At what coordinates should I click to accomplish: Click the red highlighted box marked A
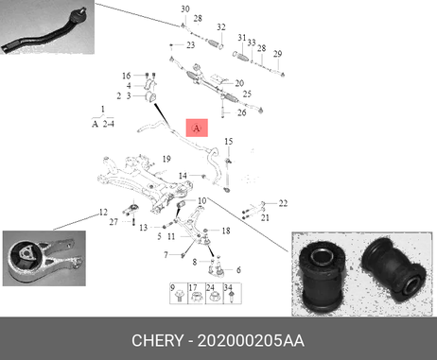click(x=197, y=128)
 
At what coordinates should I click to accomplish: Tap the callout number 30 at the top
click(x=185, y=9)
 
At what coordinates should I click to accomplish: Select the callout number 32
click(x=221, y=27)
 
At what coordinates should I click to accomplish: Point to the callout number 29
click(x=277, y=54)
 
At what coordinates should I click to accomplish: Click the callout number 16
click(x=126, y=76)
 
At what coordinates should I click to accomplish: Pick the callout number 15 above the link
click(x=229, y=142)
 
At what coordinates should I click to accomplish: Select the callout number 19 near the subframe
click(x=166, y=159)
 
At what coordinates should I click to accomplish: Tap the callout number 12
click(x=103, y=213)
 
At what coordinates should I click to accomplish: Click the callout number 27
click(x=114, y=222)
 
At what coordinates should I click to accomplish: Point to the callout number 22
click(x=283, y=203)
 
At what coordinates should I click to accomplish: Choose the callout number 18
click(x=226, y=231)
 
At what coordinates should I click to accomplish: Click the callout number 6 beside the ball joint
click(x=238, y=270)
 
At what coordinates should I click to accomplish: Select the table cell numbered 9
click(x=179, y=294)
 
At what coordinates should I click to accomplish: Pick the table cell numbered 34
click(x=233, y=294)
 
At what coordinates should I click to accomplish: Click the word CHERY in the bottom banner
click(x=157, y=341)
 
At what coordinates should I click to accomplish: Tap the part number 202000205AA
click(x=251, y=341)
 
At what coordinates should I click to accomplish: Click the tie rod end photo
click(x=47, y=27)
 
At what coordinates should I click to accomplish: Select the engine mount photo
click(x=44, y=258)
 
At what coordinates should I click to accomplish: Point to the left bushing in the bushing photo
click(x=323, y=276)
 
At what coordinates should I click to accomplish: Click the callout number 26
click(x=241, y=112)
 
